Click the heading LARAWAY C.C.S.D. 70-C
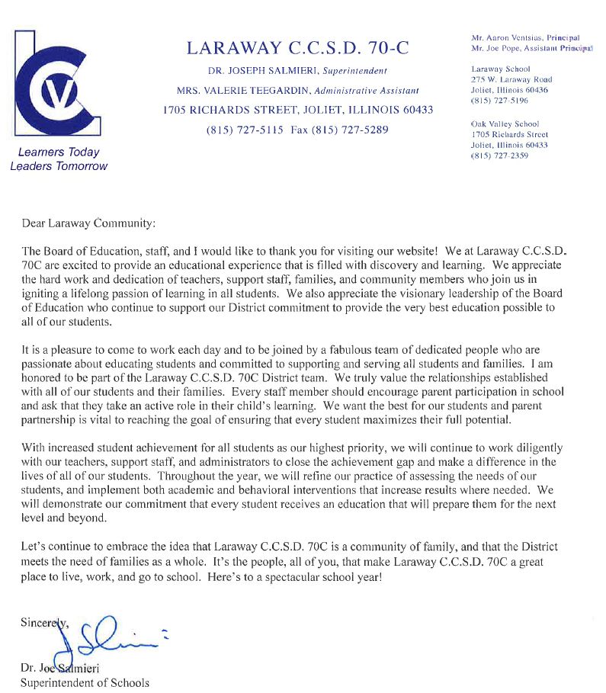click(297, 48)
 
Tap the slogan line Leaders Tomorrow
click(59, 166)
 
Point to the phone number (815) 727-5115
click(245, 130)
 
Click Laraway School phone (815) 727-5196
click(500, 100)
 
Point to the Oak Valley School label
click(505, 124)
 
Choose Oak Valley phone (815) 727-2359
click(500, 156)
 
